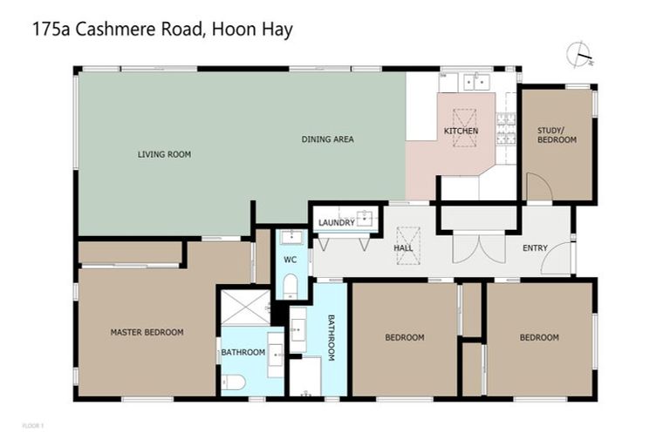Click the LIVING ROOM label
tap(164, 154)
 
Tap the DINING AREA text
tap(327, 139)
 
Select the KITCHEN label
tap(461, 131)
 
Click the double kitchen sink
tap(476, 82)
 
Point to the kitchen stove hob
tap(506, 128)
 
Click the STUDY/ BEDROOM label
tap(557, 135)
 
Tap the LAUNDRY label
tap(336, 222)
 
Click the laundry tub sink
tap(367, 218)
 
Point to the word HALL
tap(403, 248)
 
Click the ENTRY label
tap(535, 248)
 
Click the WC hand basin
tap(291, 237)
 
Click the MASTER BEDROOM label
tap(147, 332)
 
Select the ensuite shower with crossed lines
tap(244, 307)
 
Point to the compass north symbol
tap(578, 55)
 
